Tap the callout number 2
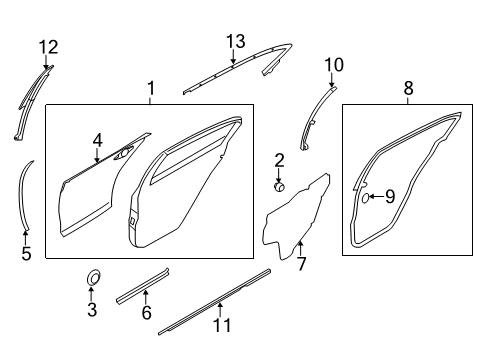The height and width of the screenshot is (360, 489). pyautogui.click(x=279, y=159)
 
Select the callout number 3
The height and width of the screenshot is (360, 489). pyautogui.click(x=91, y=311)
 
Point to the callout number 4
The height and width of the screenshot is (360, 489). pyautogui.click(x=97, y=140)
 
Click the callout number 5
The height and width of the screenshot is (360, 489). pyautogui.click(x=26, y=254)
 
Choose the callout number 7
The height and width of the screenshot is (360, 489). pyautogui.click(x=301, y=264)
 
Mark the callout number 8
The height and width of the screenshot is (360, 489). pyautogui.click(x=408, y=90)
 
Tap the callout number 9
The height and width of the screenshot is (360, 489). pyautogui.click(x=389, y=196)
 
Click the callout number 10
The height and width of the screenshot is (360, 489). pyautogui.click(x=333, y=65)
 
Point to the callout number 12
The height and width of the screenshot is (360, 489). pyautogui.click(x=48, y=46)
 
